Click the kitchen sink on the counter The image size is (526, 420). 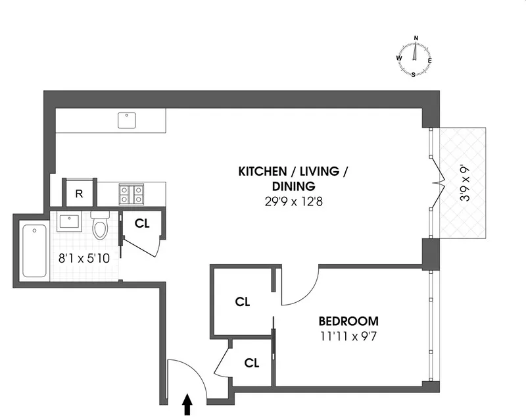(126, 120)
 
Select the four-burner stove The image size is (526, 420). (131, 194)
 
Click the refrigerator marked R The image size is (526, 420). (79, 194)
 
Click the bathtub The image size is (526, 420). (35, 251)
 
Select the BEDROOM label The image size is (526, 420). (348, 321)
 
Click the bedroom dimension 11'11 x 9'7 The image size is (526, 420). (348, 335)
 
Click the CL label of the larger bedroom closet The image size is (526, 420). (243, 302)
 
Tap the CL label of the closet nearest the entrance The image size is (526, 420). (252, 362)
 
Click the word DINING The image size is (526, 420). (293, 186)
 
